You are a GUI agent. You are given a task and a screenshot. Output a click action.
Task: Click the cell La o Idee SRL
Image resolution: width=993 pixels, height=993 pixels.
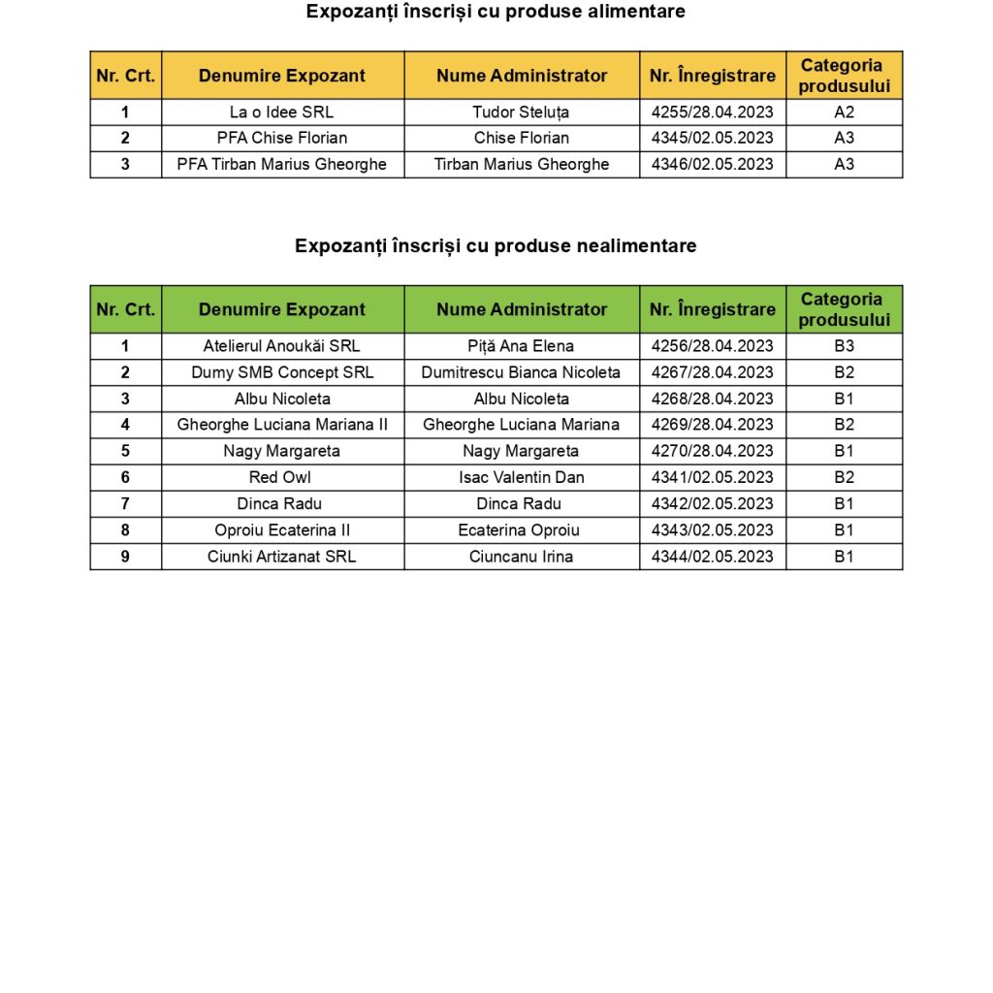[281, 112]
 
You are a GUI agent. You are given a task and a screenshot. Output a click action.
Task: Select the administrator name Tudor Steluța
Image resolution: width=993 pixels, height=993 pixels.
[521, 112]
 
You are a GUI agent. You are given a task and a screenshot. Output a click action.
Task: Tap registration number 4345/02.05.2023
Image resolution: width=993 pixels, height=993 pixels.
[712, 138]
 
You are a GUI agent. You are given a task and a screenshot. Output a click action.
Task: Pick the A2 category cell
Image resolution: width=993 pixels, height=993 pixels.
[844, 112]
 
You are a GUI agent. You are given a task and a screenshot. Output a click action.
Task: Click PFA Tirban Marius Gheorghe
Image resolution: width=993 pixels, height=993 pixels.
[281, 164]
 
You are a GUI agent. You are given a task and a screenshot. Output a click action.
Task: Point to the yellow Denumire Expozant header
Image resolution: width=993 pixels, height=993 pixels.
[281, 76]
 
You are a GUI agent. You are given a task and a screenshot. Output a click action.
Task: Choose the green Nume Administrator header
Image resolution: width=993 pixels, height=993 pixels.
[521, 309]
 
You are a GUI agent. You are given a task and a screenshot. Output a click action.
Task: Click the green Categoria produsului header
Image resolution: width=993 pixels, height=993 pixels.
[844, 309]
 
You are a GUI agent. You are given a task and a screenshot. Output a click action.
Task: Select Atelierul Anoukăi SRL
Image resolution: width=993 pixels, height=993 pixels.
[281, 346]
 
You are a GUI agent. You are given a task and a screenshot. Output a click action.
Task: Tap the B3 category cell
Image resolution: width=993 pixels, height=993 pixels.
[844, 346]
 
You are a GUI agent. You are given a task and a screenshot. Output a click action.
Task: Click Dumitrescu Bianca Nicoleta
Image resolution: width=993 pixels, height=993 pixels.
[521, 372]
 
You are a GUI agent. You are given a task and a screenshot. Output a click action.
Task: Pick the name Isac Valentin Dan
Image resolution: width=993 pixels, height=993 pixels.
[521, 477]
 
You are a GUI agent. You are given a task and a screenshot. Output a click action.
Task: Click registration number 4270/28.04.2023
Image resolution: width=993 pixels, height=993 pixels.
[712, 451]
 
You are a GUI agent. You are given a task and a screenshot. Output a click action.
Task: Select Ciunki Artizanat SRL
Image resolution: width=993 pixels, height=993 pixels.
[281, 557]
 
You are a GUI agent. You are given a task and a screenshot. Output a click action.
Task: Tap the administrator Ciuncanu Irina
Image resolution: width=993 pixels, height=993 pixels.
[521, 557]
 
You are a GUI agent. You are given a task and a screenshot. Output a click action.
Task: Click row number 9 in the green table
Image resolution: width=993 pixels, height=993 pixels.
[125, 557]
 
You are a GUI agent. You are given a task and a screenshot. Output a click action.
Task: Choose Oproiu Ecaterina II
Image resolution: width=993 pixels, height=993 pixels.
[281, 530]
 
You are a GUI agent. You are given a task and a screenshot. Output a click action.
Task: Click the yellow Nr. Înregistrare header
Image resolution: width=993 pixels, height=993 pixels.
[712, 76]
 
